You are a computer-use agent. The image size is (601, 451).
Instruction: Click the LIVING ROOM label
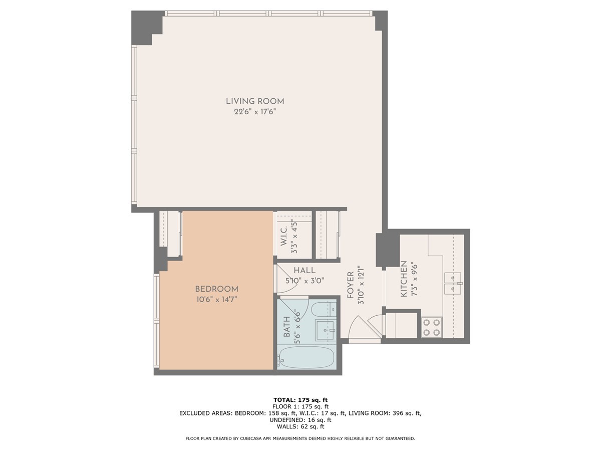pyautogui.click(x=255, y=101)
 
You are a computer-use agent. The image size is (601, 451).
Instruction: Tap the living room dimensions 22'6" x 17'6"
pyautogui.click(x=255, y=112)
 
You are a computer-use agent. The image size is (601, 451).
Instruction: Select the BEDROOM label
pyautogui.click(x=216, y=289)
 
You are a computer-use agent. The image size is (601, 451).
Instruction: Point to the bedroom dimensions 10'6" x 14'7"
pyautogui.click(x=216, y=300)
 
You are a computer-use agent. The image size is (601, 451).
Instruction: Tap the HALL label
pyautogui.click(x=305, y=271)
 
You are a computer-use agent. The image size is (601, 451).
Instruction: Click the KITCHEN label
pyautogui.click(x=404, y=279)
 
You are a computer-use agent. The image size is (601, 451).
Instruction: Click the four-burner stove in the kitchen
pyautogui.click(x=431, y=327)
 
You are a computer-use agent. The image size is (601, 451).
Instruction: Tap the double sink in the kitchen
pyautogui.click(x=453, y=284)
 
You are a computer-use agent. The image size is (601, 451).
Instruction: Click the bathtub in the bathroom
pyautogui.click(x=307, y=358)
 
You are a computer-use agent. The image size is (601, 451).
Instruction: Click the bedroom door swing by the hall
pyautogui.click(x=280, y=280)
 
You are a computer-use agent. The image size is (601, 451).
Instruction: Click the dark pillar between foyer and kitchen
pyautogui.click(x=388, y=250)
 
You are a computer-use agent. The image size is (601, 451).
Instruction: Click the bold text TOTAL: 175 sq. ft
pyautogui.click(x=300, y=399)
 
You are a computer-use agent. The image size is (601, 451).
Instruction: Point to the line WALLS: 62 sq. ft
pyautogui.click(x=300, y=426)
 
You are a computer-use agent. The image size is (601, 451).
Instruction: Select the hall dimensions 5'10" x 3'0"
pyautogui.click(x=305, y=281)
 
